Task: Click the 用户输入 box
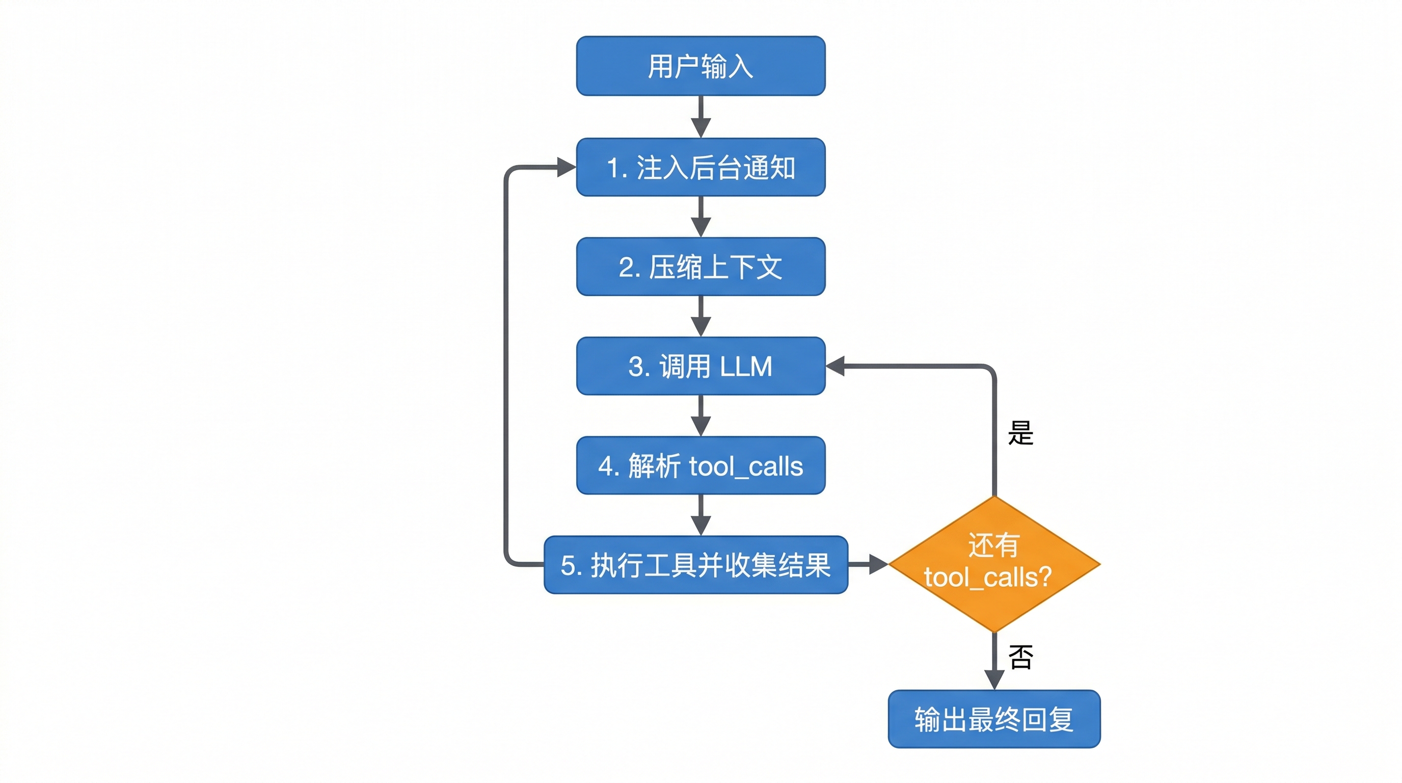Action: click(x=700, y=66)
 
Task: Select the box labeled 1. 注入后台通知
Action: click(x=700, y=167)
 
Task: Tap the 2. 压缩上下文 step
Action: click(x=700, y=267)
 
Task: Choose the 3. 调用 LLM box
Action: click(x=700, y=366)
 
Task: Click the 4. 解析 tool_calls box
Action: click(x=700, y=465)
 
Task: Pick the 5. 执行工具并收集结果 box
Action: click(x=695, y=565)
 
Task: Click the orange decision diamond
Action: click(x=994, y=564)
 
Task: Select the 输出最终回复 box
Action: click(x=994, y=719)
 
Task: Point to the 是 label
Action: click(x=1020, y=433)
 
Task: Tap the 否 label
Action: click(x=1020, y=657)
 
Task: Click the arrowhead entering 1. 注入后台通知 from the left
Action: click(x=566, y=167)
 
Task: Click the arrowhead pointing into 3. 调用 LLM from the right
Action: click(x=836, y=366)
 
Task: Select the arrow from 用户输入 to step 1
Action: click(x=700, y=117)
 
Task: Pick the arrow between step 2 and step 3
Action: click(x=700, y=317)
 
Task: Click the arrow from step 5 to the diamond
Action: click(x=868, y=565)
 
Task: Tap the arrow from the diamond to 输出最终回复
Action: click(x=994, y=662)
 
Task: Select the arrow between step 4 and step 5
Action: click(x=700, y=515)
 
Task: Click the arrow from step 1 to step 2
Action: click(x=700, y=217)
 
